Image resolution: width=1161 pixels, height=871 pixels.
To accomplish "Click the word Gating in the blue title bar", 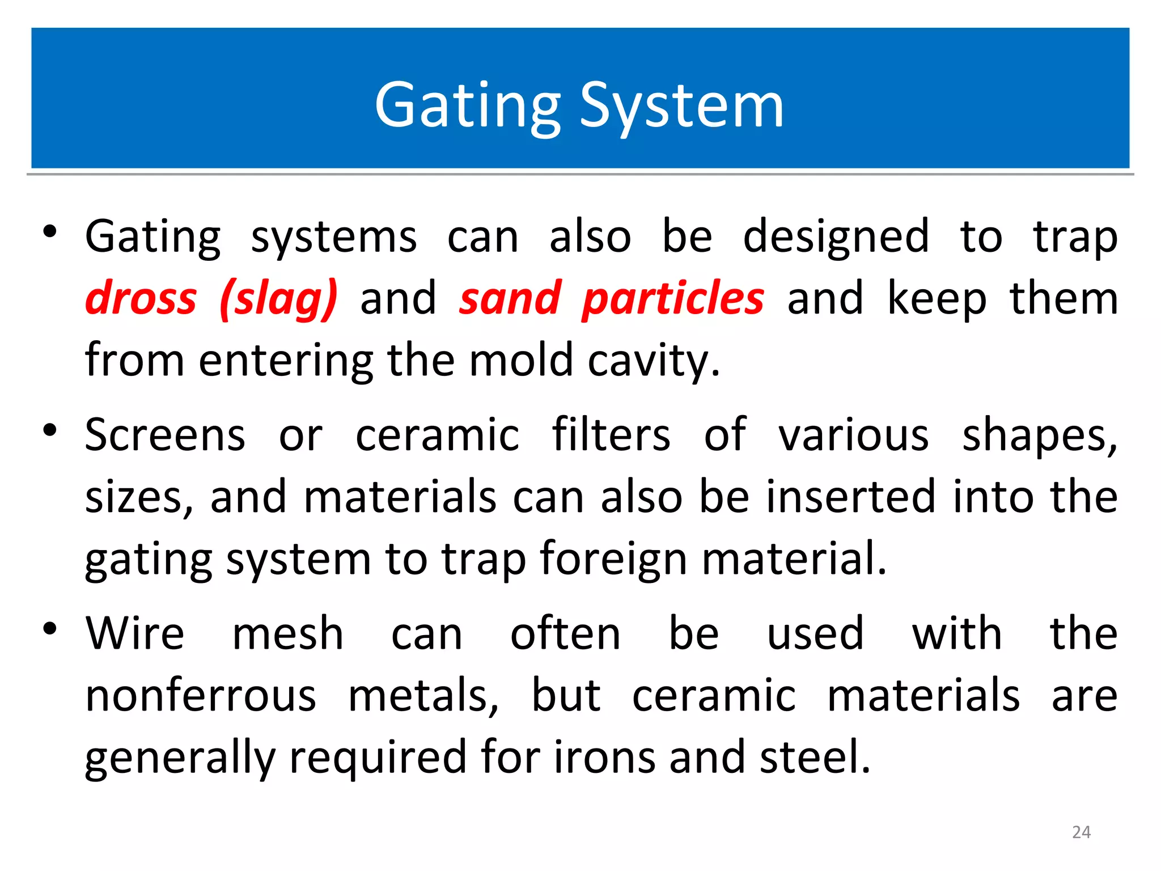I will [x=468, y=106].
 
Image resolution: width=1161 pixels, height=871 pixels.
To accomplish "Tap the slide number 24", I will [x=1081, y=832].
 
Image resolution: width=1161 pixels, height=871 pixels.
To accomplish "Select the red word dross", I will [x=141, y=298].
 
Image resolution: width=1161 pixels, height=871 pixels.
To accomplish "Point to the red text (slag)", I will [x=278, y=299].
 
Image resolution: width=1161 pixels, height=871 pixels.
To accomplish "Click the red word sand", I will [x=510, y=298].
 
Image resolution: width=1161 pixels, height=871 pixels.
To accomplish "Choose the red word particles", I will [x=673, y=299].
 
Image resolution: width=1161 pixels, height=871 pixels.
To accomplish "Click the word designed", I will [x=836, y=237].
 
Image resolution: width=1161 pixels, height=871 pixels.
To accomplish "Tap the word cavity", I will [x=653, y=361].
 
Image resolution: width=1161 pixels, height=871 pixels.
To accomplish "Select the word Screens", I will [x=165, y=435].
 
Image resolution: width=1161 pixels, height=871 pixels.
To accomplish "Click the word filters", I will [x=611, y=435].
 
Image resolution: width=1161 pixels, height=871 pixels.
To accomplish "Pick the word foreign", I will [x=613, y=560].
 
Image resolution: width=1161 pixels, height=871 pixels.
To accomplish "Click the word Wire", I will [x=135, y=633].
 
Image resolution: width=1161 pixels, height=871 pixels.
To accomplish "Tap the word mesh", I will [x=288, y=633].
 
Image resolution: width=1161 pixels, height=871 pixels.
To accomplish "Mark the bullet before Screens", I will [x=50, y=430].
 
